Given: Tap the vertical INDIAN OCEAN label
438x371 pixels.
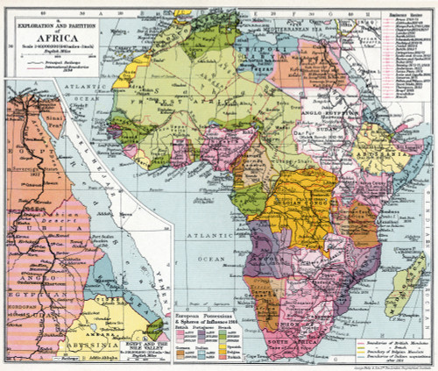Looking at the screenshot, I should pos(428,210).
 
